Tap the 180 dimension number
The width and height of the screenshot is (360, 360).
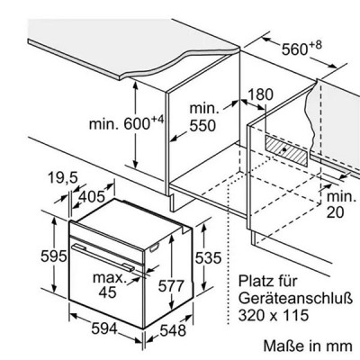tap(260, 94)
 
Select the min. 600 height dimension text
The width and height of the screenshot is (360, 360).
tap(127, 122)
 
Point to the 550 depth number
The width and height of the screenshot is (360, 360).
tap(202, 125)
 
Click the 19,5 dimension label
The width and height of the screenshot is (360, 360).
tap(63, 178)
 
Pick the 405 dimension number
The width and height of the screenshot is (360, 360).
tap(92, 196)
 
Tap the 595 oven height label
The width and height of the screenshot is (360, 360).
tap(54, 256)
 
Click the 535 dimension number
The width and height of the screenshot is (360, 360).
tap(208, 257)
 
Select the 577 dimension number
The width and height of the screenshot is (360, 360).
tap(171, 285)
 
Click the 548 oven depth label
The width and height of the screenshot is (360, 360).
tap(173, 330)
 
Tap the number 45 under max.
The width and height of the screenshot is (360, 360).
tap(108, 292)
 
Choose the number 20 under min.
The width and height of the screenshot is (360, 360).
tap(336, 212)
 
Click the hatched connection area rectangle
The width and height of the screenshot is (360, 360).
tap(286, 150)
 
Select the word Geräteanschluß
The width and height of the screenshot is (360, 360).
tap(295, 299)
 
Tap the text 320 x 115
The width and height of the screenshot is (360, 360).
tap(274, 315)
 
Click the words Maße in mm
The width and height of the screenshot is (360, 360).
tap(308, 346)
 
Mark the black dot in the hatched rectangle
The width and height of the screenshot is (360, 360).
tap(283, 149)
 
